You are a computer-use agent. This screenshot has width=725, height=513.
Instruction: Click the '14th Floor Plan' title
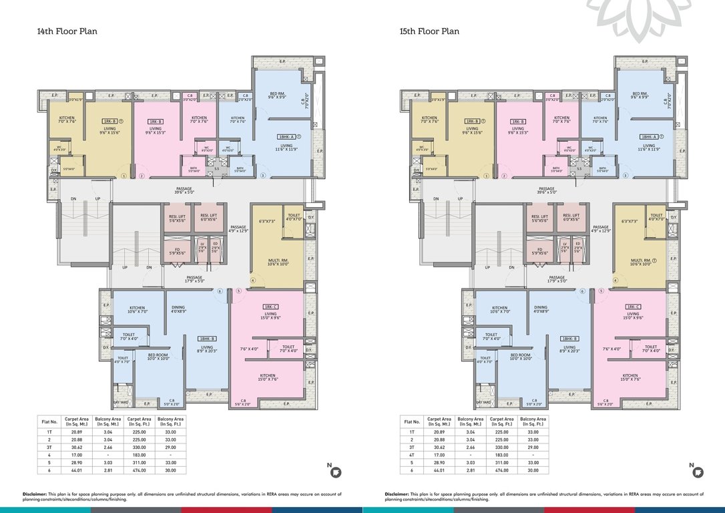click(x=67, y=31)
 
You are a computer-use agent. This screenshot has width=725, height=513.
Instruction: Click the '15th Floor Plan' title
click(x=429, y=31)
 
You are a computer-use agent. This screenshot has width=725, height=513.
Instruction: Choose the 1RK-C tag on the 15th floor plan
click(x=634, y=306)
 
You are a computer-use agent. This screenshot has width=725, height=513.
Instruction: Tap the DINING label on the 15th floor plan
click(x=541, y=307)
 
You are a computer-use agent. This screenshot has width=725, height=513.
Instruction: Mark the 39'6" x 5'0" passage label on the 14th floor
click(x=184, y=191)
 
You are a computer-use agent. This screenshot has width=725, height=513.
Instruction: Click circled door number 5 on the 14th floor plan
click(x=238, y=291)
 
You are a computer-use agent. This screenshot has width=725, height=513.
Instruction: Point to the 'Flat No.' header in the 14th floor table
click(x=49, y=421)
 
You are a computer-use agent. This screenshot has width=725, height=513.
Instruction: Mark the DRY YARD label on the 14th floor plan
click(x=121, y=402)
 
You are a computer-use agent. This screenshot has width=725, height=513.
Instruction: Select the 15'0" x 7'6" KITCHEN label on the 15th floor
click(x=629, y=378)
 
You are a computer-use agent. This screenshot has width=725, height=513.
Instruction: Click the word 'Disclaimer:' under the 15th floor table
click(x=399, y=494)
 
